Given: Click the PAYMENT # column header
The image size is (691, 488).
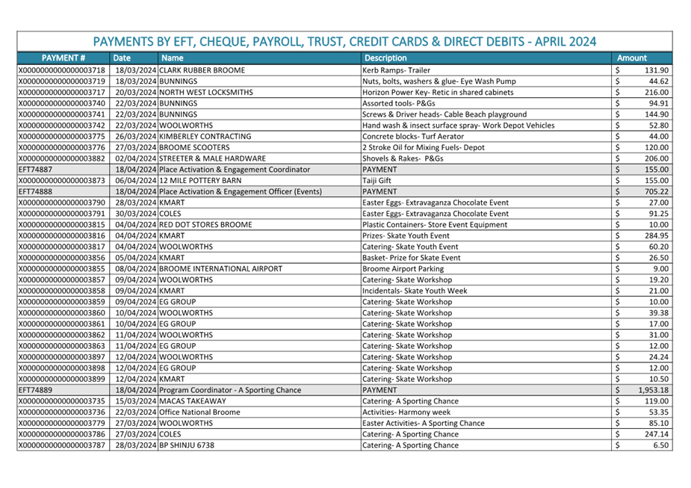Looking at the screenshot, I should (x=63, y=58).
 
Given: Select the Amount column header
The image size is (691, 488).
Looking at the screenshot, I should (x=631, y=58).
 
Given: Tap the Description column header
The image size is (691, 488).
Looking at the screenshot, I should (x=385, y=58).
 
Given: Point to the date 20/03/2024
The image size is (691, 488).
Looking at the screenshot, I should (x=135, y=92).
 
